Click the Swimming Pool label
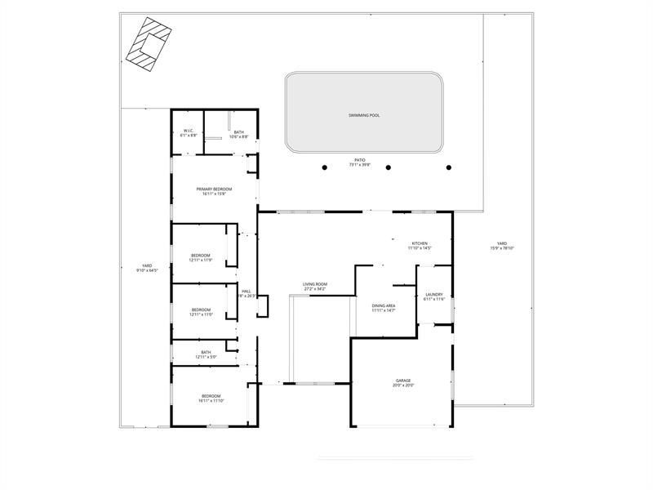(363, 115)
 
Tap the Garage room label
(403, 382)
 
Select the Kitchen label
(420, 245)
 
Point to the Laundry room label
(434, 296)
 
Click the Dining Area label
(384, 307)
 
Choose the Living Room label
(315, 286)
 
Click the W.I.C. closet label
(188, 132)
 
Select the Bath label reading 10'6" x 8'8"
(238, 134)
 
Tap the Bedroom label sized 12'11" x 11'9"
(201, 258)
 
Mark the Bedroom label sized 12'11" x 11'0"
(201, 311)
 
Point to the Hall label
(246, 293)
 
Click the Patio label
(360, 162)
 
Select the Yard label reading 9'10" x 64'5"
(147, 267)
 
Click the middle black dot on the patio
(388, 167)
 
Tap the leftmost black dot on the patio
(324, 167)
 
